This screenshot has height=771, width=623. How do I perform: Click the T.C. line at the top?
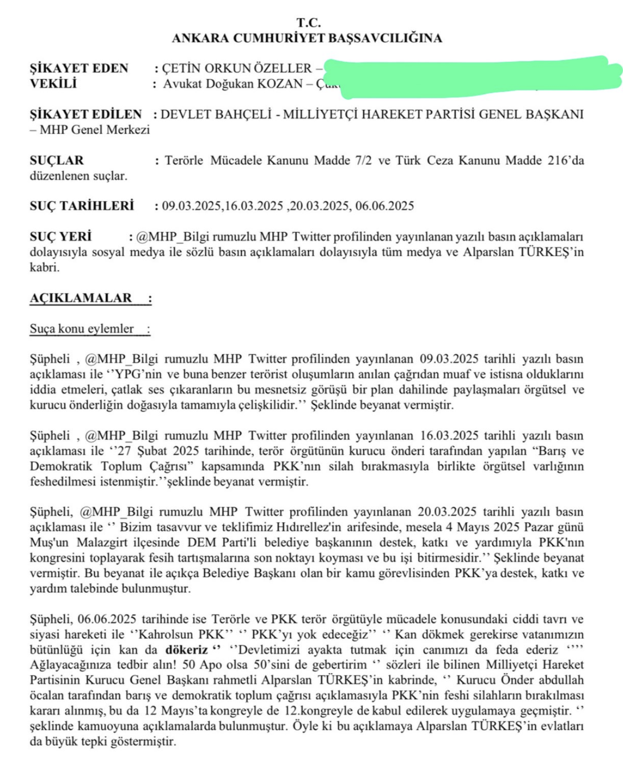click(x=308, y=22)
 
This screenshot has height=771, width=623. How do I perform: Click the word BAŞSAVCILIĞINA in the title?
click(x=385, y=38)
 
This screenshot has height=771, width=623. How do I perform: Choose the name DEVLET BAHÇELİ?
click(x=216, y=114)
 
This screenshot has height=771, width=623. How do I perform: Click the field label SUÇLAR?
click(x=56, y=160)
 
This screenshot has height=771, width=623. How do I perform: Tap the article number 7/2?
click(x=363, y=160)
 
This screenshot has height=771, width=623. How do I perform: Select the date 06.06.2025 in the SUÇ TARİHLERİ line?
click(x=384, y=206)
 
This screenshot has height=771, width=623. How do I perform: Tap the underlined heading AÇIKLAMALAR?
click(x=81, y=298)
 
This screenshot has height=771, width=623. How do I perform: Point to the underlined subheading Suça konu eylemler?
click(x=81, y=329)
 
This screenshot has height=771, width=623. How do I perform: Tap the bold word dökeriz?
click(x=186, y=650)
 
